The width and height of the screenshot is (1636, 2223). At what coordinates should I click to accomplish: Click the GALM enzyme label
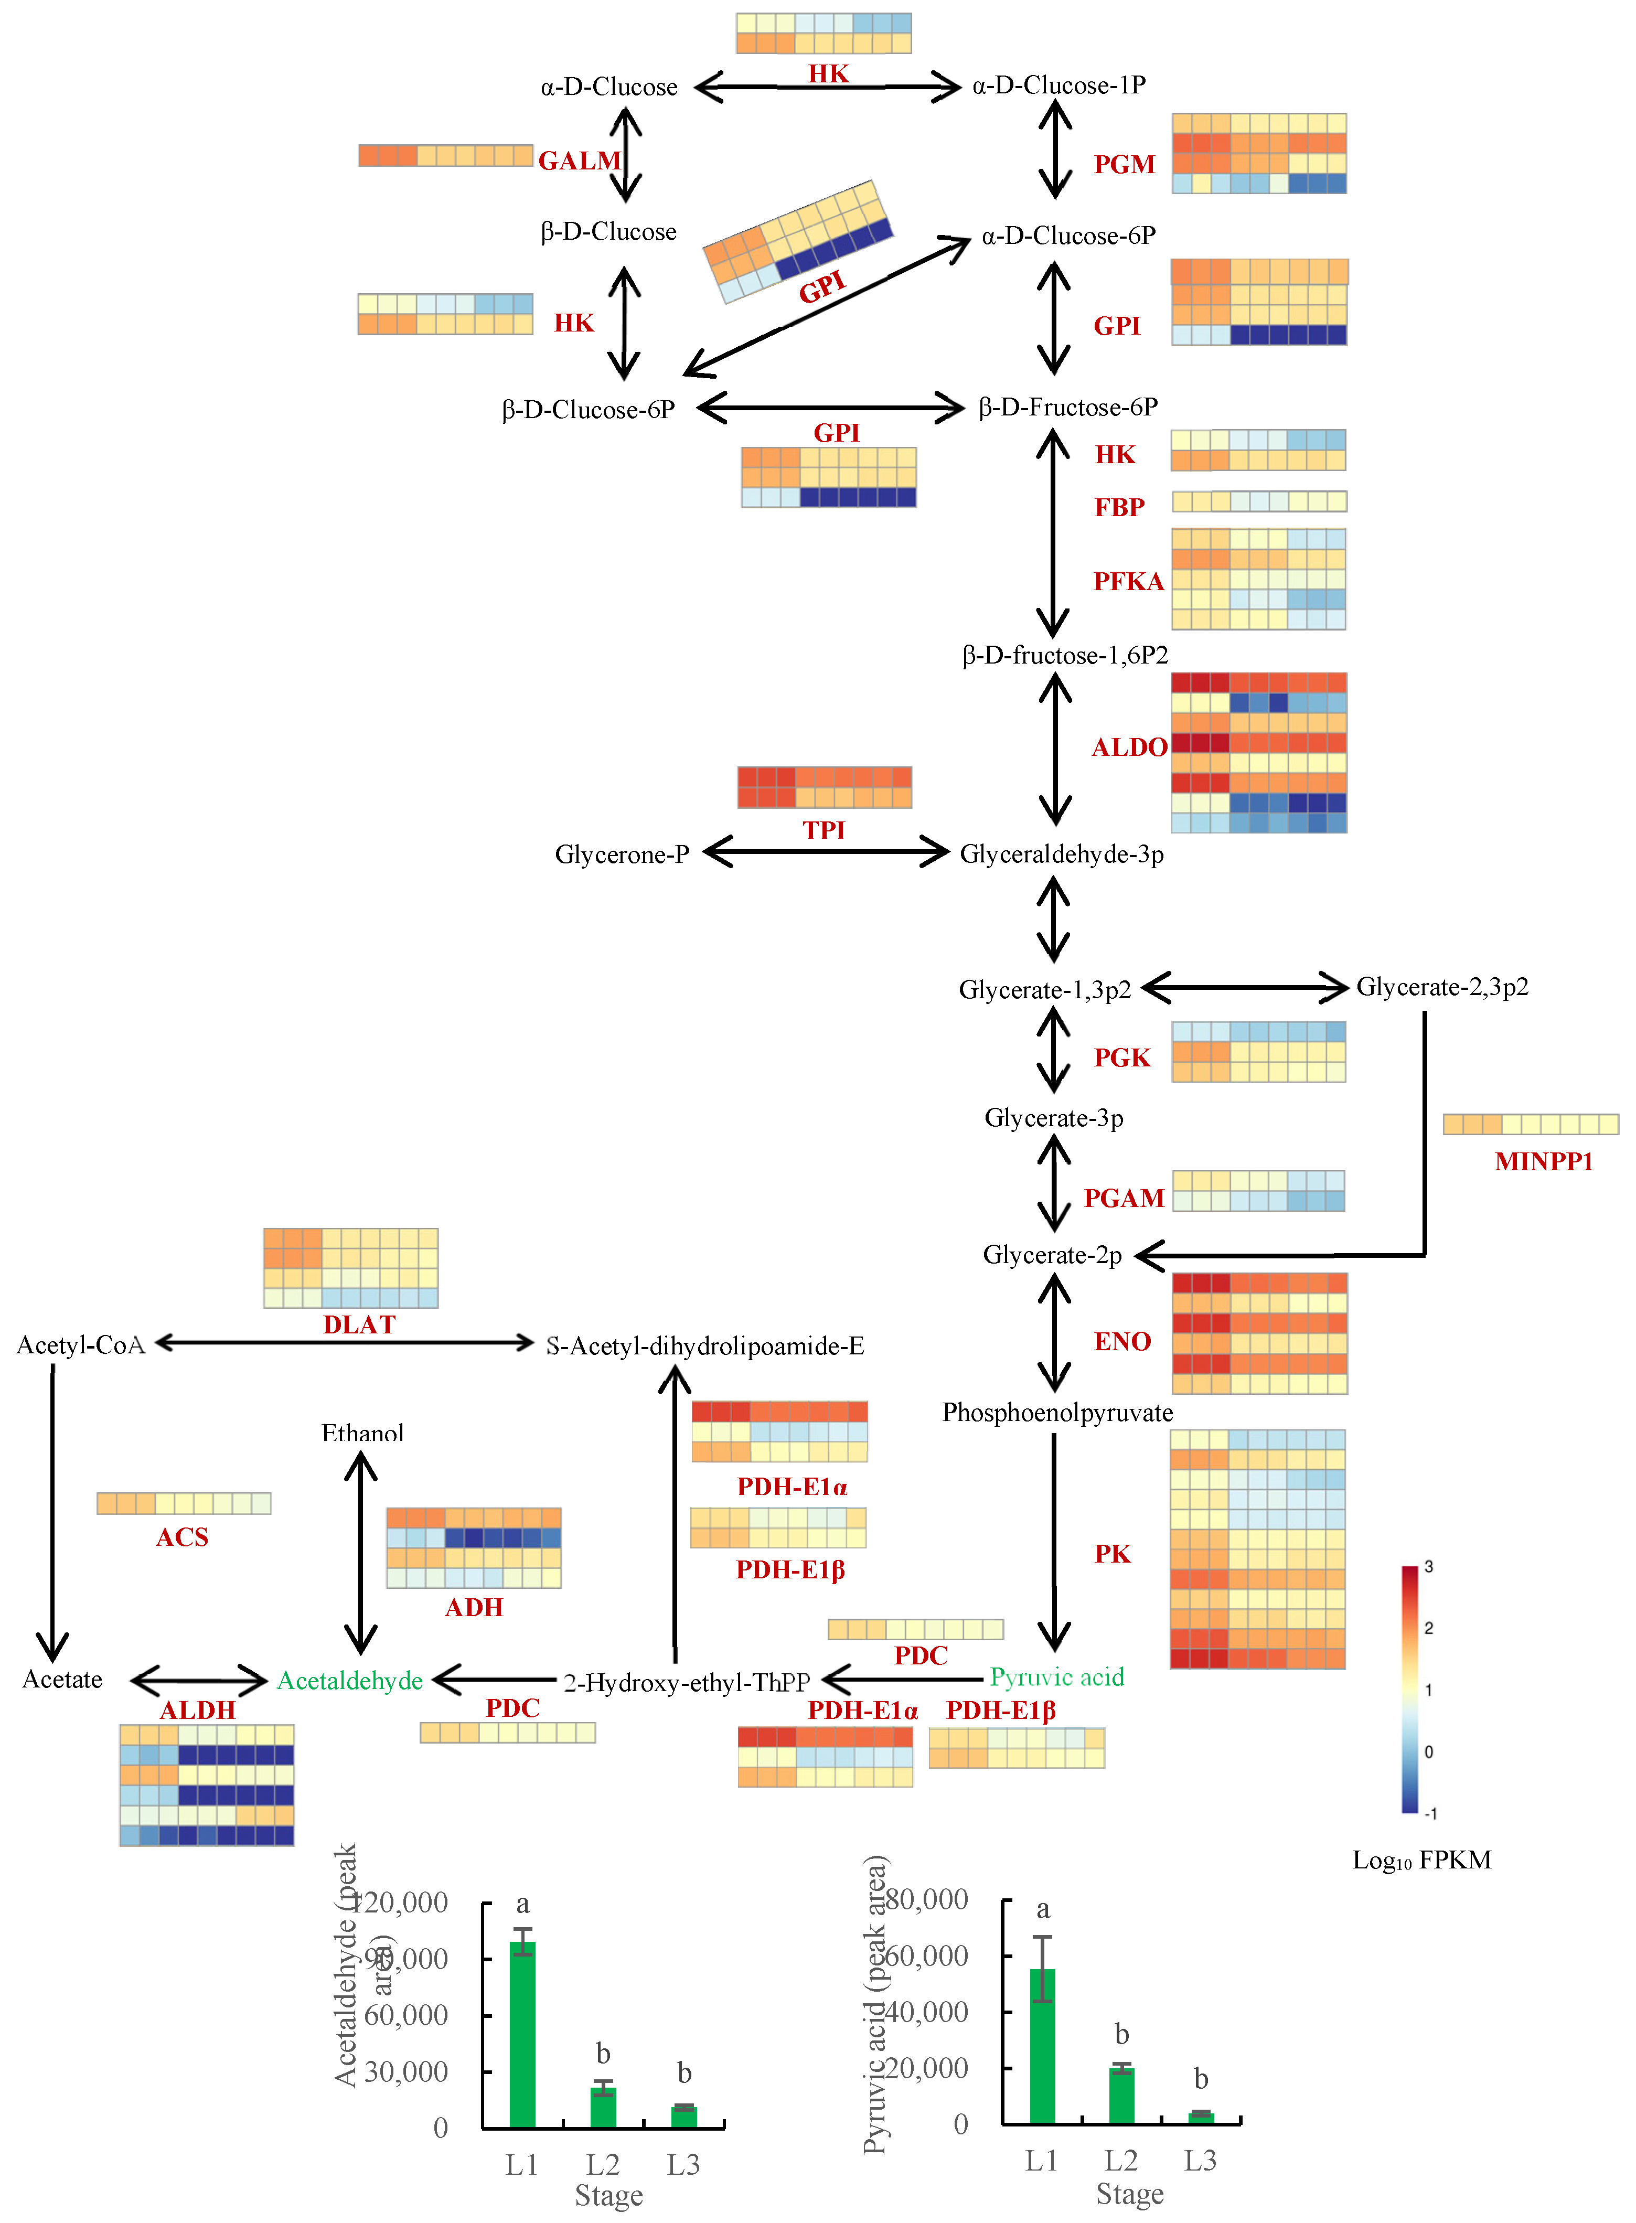coord(579,161)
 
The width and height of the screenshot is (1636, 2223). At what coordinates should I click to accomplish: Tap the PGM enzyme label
coord(1124,164)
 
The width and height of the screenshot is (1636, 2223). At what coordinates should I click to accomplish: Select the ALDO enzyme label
coord(1129,747)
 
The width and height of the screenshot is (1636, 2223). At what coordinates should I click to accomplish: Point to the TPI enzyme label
coord(824,830)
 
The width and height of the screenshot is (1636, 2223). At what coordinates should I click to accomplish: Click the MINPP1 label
coord(1544,1161)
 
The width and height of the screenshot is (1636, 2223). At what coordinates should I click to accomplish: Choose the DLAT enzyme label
coord(359,1325)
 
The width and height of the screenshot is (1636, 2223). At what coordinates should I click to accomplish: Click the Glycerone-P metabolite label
coord(622,854)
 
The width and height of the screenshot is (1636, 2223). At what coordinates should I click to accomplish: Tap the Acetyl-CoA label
coord(81,1345)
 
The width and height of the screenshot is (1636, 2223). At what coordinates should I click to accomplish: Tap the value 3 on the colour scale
coord(1428,1566)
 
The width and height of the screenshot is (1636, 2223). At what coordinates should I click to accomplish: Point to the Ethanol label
coord(362,1433)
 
